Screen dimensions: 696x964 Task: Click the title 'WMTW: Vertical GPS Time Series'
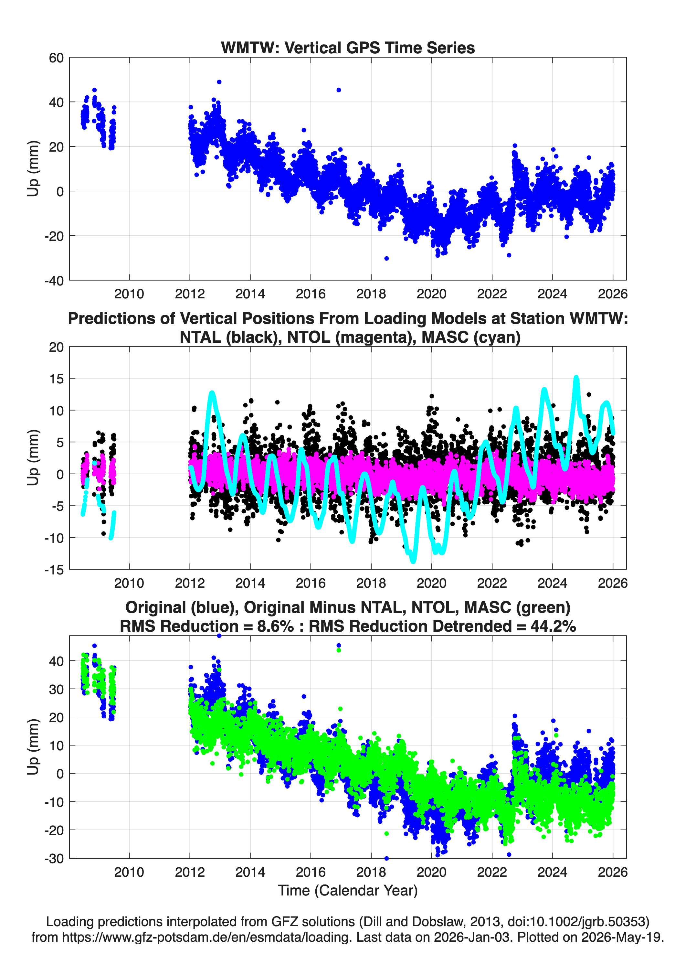(348, 48)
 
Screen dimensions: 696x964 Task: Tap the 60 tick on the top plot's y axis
(57, 58)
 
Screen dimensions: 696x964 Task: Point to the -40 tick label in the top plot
(54, 281)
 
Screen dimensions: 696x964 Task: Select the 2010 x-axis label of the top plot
(129, 294)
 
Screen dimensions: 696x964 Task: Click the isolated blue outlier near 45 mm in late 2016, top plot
(339, 90)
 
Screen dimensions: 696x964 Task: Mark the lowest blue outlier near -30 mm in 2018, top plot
(386, 258)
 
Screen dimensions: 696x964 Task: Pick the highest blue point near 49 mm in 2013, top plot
(219, 82)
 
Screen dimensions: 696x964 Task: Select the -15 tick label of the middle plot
(54, 570)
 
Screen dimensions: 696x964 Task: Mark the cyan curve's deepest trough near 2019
(413, 561)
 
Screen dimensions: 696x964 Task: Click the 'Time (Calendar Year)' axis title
(348, 891)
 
